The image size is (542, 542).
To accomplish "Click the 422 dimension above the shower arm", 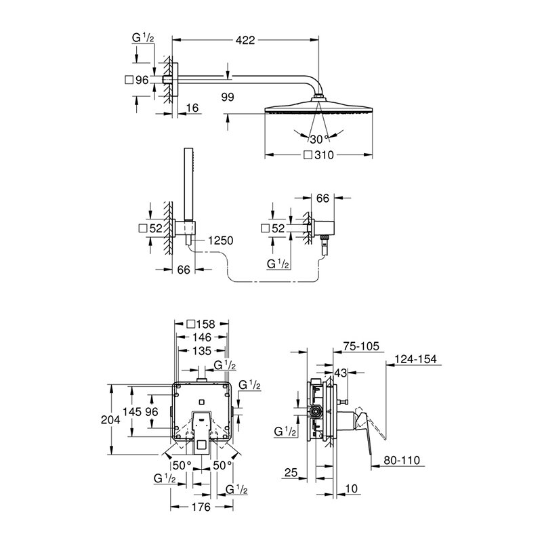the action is pos(245,40).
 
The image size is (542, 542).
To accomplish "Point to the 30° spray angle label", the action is pos(318,140).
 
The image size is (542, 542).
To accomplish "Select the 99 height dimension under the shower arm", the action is pos(228,97).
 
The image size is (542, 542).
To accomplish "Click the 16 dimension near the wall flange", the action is pos(192,108).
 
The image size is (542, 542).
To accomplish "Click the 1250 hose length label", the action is pos(221,241).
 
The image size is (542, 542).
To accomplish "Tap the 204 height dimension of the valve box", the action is pos(110,419).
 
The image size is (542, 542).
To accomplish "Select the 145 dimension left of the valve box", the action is pos(132,411).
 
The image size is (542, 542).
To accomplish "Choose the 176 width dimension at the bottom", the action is pos(201,507).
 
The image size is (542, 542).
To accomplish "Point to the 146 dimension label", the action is pos(202,337).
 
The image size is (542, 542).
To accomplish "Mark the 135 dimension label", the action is pos(202,351).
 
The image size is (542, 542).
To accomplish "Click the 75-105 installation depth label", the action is pos(361,346).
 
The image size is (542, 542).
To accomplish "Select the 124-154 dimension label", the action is pos(416,359).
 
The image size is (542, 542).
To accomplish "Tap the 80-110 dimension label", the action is pos(402,460).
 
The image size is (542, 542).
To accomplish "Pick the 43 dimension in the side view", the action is pos(341,373).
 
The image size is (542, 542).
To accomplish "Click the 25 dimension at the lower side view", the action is pos(291,472).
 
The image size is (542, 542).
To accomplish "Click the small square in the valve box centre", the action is pos(202,402).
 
